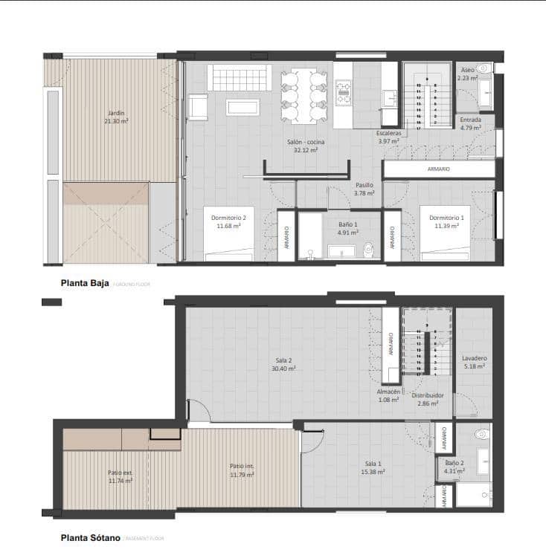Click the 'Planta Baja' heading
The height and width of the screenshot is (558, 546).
(x=85, y=283)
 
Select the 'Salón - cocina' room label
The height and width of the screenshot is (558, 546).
(x=305, y=141)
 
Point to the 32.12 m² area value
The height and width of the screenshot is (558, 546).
(x=305, y=149)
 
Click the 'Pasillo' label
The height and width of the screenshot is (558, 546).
(x=364, y=185)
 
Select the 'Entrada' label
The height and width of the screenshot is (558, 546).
(x=470, y=120)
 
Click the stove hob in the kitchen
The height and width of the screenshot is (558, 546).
(x=344, y=94)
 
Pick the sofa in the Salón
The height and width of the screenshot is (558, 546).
(x=239, y=77)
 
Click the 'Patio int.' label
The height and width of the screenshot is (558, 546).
(x=242, y=467)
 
